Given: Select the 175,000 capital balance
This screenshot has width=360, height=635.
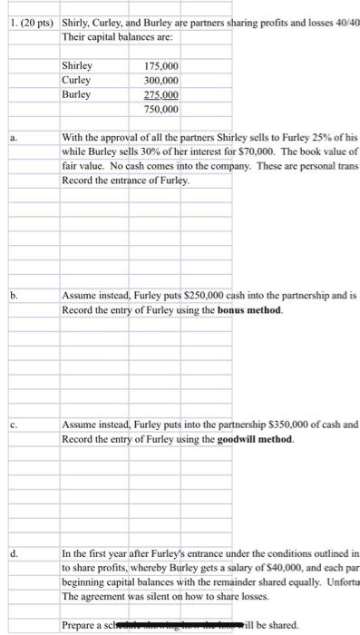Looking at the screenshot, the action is [161, 66].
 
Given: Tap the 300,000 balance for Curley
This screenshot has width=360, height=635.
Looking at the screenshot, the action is [161, 80].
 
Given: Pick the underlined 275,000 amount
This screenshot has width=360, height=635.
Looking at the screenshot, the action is [161, 94].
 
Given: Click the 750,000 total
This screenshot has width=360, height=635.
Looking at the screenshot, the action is [161, 109].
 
